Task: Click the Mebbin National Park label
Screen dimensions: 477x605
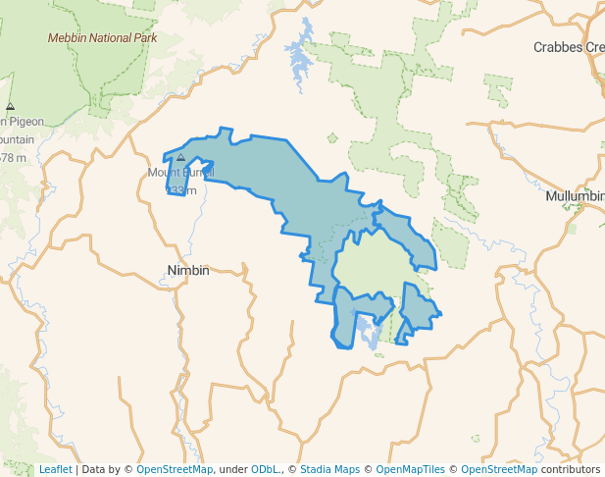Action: pyautogui.click(x=102, y=37)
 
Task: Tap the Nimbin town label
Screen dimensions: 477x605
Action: pyautogui.click(x=188, y=270)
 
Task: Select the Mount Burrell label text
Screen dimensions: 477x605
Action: pyautogui.click(x=180, y=173)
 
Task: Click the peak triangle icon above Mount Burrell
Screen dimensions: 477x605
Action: pyautogui.click(x=180, y=157)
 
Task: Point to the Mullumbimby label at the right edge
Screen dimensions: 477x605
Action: pyautogui.click(x=575, y=196)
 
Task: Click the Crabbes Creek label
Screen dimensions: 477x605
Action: pyautogui.click(x=569, y=47)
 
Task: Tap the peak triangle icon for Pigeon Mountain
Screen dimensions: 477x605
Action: pyautogui.click(x=10, y=106)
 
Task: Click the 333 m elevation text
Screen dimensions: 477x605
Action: pyautogui.click(x=180, y=189)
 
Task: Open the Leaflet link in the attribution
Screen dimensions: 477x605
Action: pyautogui.click(x=55, y=469)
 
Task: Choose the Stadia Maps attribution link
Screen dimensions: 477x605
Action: pyautogui.click(x=329, y=469)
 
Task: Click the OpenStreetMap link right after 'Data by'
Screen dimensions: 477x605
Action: pyautogui.click(x=175, y=469)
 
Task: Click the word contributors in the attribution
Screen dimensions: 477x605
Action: pyautogui.click(x=570, y=469)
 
